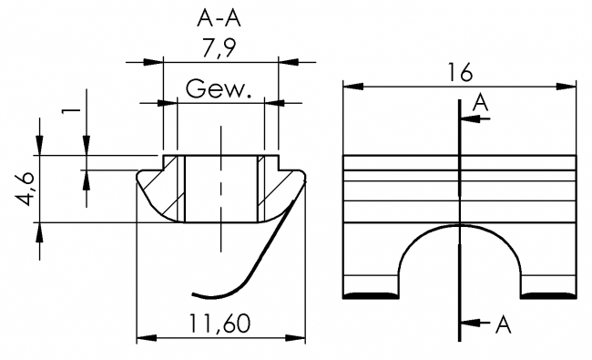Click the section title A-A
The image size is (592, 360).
pos(219,17)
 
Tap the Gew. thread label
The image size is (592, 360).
pos(219,89)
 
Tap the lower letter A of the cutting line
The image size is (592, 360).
pos(502,324)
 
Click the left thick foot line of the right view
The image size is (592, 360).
pos(370,293)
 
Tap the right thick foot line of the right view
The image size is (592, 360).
pos(548,293)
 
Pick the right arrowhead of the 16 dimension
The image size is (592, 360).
pos(568,87)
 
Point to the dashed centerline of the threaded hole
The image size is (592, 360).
pos(221,191)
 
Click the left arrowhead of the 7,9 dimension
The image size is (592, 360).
pos(154,62)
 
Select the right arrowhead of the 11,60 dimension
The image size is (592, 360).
pos(295,339)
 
